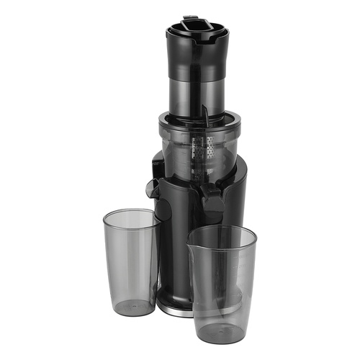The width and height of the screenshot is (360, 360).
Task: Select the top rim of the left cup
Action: point(131,215)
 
